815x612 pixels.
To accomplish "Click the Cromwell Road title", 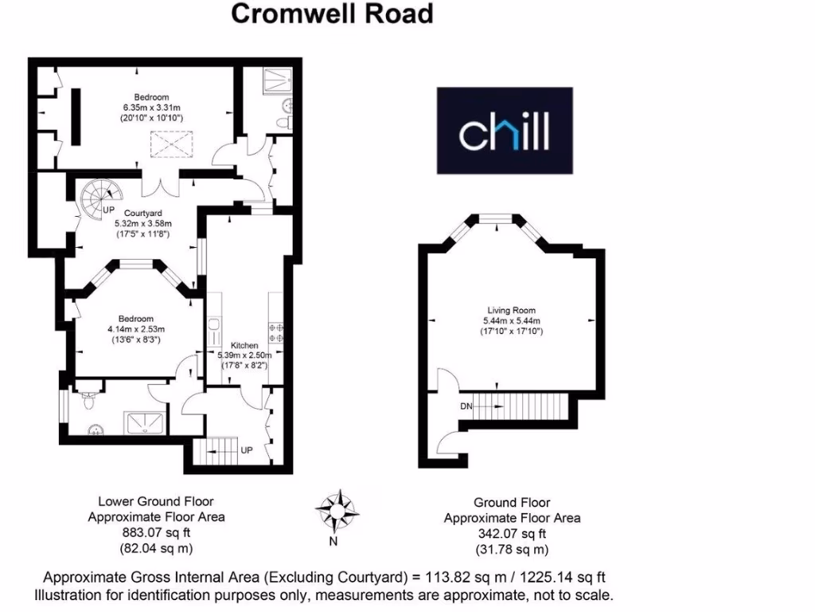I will click(332, 14).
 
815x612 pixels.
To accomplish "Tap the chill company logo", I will click(504, 130).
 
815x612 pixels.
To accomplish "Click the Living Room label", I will click(512, 310).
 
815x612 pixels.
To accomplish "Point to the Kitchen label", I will click(244, 345).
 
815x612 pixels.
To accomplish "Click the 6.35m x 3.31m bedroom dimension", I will click(151, 108).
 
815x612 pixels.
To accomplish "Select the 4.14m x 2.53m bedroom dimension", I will click(136, 328).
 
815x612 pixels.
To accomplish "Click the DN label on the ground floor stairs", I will click(466, 406).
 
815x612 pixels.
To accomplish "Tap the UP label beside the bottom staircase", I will click(247, 450).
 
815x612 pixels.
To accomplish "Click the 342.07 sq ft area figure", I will click(511, 534).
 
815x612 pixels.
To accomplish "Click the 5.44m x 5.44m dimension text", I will click(512, 320).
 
